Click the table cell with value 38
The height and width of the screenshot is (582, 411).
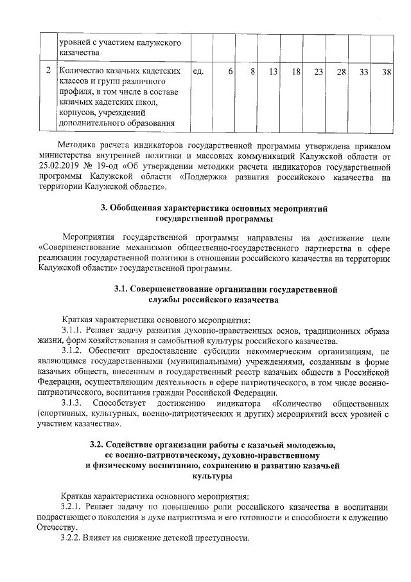(386, 71)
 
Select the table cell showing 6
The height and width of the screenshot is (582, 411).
(230, 71)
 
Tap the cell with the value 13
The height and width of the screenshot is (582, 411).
(273, 71)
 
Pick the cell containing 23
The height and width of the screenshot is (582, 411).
(318, 71)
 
